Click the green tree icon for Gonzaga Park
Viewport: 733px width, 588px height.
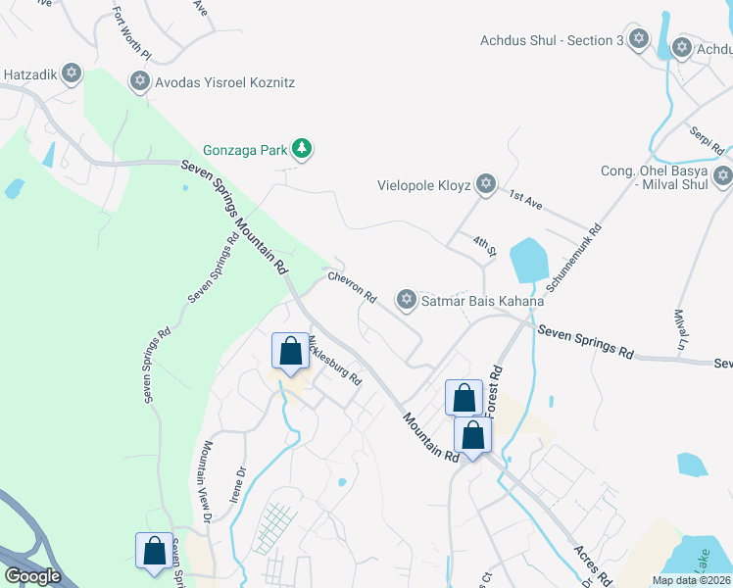(304, 150)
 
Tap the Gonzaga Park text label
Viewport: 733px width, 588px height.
(245, 150)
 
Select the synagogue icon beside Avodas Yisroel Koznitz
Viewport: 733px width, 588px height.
(139, 81)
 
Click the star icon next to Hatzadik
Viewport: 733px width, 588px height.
(71, 73)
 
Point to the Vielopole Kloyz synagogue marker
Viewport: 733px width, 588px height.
(484, 184)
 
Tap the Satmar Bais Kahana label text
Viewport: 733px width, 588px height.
(482, 301)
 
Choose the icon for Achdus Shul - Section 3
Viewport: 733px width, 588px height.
(639, 39)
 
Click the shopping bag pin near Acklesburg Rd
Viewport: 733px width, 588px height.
(290, 351)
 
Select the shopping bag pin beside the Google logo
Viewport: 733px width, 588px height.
(155, 551)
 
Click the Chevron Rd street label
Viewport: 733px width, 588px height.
(353, 287)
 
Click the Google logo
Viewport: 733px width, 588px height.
(32, 576)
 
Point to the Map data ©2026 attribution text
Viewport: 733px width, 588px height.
(688, 580)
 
